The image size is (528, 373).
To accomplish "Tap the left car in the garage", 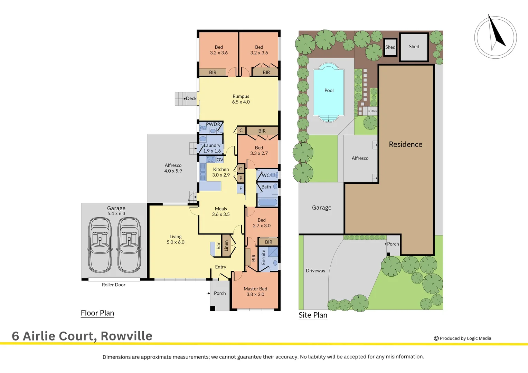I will [100, 245].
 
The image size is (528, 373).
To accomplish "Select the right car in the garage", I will [129, 245].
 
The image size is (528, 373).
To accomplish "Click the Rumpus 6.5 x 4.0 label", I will [241, 99].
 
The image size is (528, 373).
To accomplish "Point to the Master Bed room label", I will [255, 291].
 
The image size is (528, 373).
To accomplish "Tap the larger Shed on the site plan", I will [414, 47].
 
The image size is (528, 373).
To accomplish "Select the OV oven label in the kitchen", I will [220, 160].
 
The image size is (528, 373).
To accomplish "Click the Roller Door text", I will [114, 285].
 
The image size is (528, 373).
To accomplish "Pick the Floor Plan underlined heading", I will [97, 313].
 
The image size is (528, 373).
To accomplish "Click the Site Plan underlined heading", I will [313, 315].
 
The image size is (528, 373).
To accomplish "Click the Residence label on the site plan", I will [406, 144].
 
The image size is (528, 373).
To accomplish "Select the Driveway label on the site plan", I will [315, 271].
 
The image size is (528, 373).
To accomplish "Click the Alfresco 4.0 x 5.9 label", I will [173, 168].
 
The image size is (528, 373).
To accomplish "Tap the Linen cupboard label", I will [226, 246].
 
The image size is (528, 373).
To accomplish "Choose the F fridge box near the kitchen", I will [241, 189].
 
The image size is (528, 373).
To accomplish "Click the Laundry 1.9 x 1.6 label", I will [212, 148].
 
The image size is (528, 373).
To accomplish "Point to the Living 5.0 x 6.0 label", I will [176, 239].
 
